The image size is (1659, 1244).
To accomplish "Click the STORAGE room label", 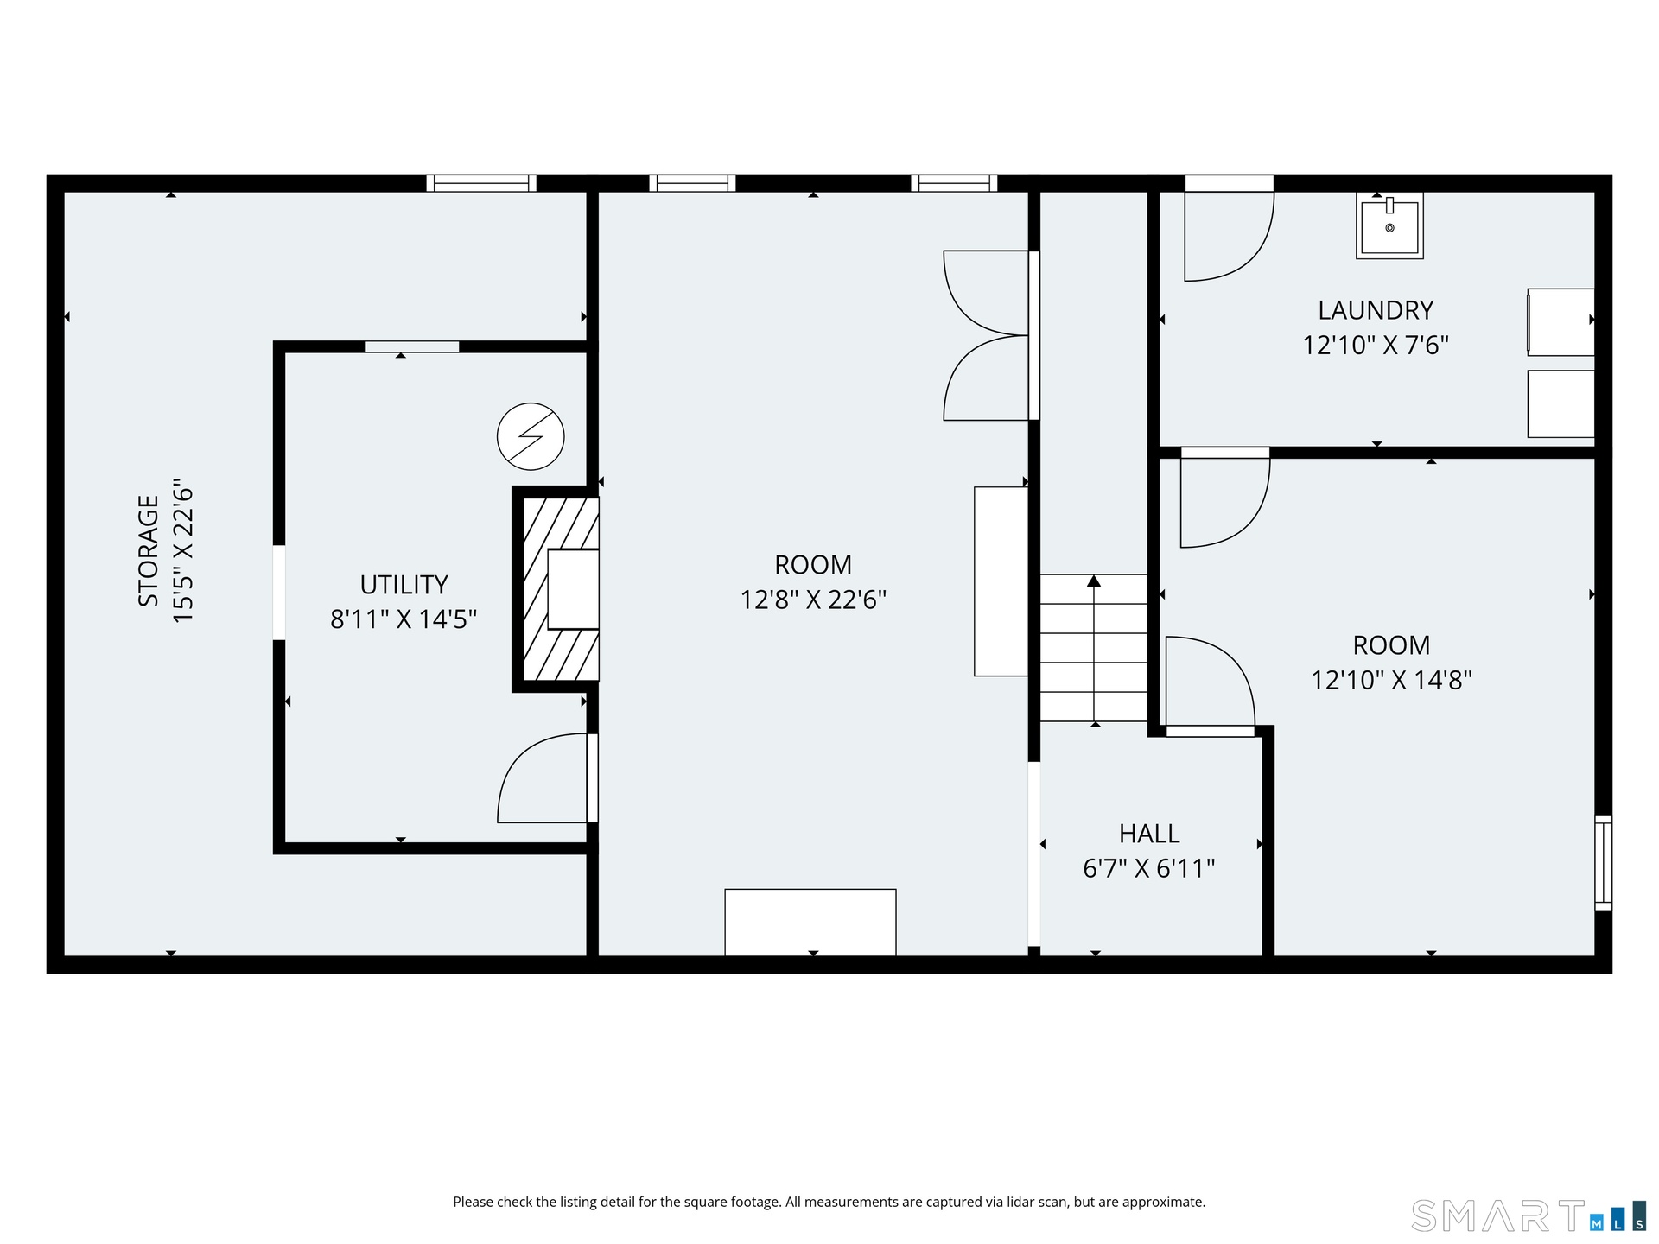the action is click(x=149, y=550).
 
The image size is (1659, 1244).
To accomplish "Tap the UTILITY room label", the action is click(x=404, y=585).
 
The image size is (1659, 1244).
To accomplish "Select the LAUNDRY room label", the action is click(x=1376, y=310).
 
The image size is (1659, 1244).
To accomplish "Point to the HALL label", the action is click(x=1149, y=834).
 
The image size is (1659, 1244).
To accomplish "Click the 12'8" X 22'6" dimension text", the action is click(x=813, y=600).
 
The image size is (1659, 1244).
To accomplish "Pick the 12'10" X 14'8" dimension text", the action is click(x=1391, y=680).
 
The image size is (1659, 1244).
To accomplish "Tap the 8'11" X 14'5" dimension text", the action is click(x=404, y=619).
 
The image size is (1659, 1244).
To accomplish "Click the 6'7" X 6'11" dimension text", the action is click(x=1149, y=868).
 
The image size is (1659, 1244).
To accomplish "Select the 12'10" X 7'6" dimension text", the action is click(x=1376, y=346).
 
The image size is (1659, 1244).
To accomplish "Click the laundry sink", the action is click(x=1389, y=226).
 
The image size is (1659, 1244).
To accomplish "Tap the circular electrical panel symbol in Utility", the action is click(x=531, y=436).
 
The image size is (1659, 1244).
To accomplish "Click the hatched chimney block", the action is click(x=560, y=589).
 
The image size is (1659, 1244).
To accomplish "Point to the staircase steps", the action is click(x=1094, y=648).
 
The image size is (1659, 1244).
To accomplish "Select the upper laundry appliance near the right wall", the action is click(x=1560, y=322).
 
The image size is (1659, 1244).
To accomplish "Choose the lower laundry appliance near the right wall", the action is click(x=1560, y=404).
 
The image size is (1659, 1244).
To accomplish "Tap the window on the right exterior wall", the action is click(x=1603, y=862).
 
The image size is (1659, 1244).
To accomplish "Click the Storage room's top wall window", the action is click(x=481, y=183).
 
